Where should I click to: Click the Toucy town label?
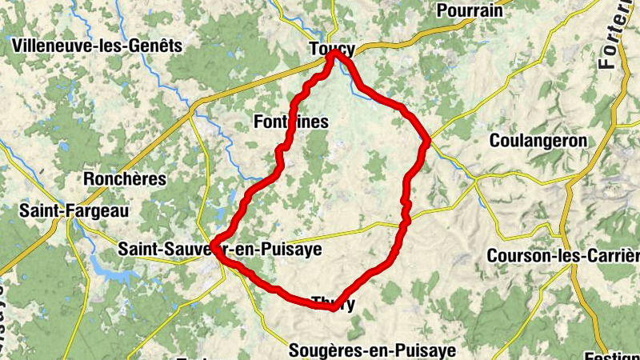pyautogui.click(x=331, y=49)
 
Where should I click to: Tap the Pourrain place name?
pyautogui.click(x=470, y=10)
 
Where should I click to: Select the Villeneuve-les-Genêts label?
pyautogui.click(x=98, y=46)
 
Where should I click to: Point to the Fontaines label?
pyautogui.click(x=290, y=121)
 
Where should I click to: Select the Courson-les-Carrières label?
pyautogui.click(x=563, y=256)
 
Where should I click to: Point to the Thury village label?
pyautogui.click(x=333, y=303)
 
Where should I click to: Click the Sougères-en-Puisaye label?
pyautogui.click(x=371, y=350)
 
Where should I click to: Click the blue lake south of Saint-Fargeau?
pyautogui.click(x=112, y=272)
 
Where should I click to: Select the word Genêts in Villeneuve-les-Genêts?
pyautogui.click(x=153, y=46)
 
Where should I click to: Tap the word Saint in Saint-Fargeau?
pyautogui.click(x=38, y=210)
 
